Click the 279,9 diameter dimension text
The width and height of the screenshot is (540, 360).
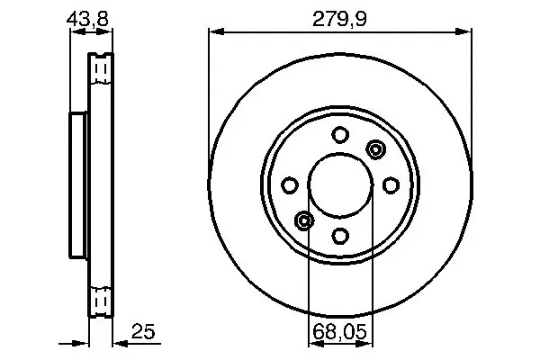(339, 19)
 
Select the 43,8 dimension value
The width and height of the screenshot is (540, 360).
(87, 19)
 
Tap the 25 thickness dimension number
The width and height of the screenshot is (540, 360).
(143, 331)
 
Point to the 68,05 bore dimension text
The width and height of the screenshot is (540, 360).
(340, 332)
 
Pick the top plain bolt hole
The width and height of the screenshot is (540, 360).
(340, 135)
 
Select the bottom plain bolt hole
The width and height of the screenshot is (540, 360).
(340, 236)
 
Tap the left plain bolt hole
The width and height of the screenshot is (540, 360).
(290, 185)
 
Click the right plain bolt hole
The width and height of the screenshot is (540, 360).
(391, 185)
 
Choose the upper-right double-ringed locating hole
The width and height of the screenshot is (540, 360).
(375, 149)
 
